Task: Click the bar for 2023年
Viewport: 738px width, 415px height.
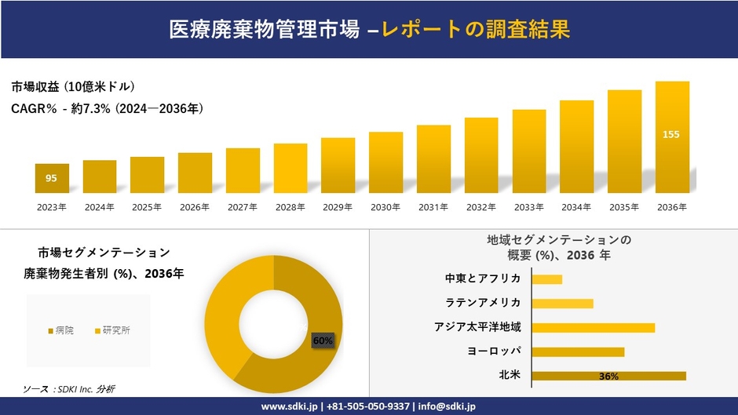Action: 52,178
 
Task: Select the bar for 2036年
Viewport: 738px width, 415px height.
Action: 672,137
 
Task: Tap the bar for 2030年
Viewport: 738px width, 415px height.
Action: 385,162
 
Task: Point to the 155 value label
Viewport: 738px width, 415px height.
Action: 671,134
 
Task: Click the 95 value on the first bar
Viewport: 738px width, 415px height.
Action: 51,178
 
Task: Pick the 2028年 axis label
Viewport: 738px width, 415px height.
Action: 290,207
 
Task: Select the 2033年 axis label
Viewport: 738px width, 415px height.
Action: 528,207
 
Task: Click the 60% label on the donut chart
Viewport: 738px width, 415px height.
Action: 323,340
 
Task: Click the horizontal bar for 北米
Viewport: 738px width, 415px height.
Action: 608,376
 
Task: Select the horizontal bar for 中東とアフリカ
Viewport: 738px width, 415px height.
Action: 546,279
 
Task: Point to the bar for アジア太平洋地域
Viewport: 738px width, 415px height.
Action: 593,327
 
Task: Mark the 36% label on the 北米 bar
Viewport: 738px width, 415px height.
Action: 608,377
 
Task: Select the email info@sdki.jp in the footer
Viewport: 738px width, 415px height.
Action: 448,406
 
